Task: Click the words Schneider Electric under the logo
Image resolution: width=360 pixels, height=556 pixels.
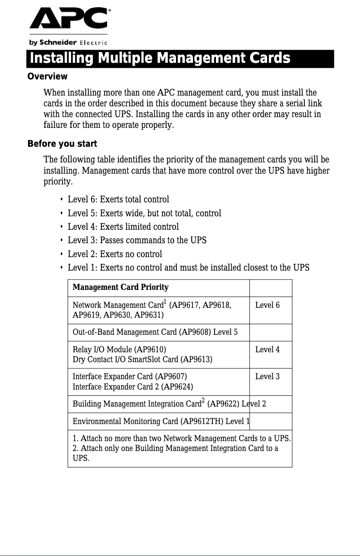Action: click(x=68, y=43)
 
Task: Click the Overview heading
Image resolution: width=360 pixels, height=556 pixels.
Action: click(x=48, y=77)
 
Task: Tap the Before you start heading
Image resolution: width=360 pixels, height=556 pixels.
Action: click(x=62, y=144)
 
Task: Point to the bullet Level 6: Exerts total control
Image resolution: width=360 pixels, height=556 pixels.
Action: click(x=118, y=199)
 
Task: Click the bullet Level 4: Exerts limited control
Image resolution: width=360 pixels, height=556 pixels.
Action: click(x=123, y=227)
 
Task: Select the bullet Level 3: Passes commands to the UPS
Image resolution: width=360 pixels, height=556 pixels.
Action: click(x=137, y=240)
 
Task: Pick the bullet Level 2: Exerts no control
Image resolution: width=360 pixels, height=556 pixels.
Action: click(x=114, y=254)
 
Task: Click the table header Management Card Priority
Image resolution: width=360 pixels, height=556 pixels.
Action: click(x=121, y=287)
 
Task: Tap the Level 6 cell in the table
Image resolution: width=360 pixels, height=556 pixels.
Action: click(x=267, y=306)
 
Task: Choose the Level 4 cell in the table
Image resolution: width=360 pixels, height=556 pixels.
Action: click(x=267, y=350)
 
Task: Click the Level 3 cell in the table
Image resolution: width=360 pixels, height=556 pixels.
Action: click(x=267, y=377)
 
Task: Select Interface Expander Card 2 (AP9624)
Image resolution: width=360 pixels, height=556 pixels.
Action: click(x=133, y=387)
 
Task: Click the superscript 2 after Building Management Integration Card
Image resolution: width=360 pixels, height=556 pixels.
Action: click(x=203, y=400)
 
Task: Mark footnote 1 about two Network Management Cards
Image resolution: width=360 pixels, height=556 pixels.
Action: click(x=182, y=438)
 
